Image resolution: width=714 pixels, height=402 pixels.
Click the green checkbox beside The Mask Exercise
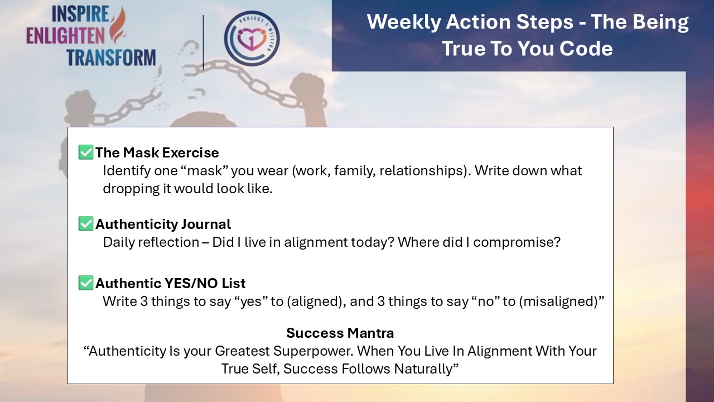(x=86, y=152)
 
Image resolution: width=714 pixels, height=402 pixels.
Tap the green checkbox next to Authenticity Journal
(x=86, y=224)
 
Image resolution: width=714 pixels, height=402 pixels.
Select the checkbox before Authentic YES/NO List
(x=86, y=283)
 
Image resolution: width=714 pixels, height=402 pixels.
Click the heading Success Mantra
(x=340, y=333)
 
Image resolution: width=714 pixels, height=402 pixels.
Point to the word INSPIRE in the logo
(x=80, y=14)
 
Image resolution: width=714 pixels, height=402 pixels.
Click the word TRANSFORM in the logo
(x=111, y=58)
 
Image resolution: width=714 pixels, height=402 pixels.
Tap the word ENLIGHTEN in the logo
(x=65, y=36)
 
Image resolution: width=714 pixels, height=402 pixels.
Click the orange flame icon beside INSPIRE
(x=117, y=25)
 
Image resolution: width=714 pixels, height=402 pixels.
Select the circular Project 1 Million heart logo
(x=252, y=39)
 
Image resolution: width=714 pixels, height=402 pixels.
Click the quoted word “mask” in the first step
(x=205, y=171)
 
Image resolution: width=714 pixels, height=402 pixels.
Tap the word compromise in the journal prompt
(x=517, y=242)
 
